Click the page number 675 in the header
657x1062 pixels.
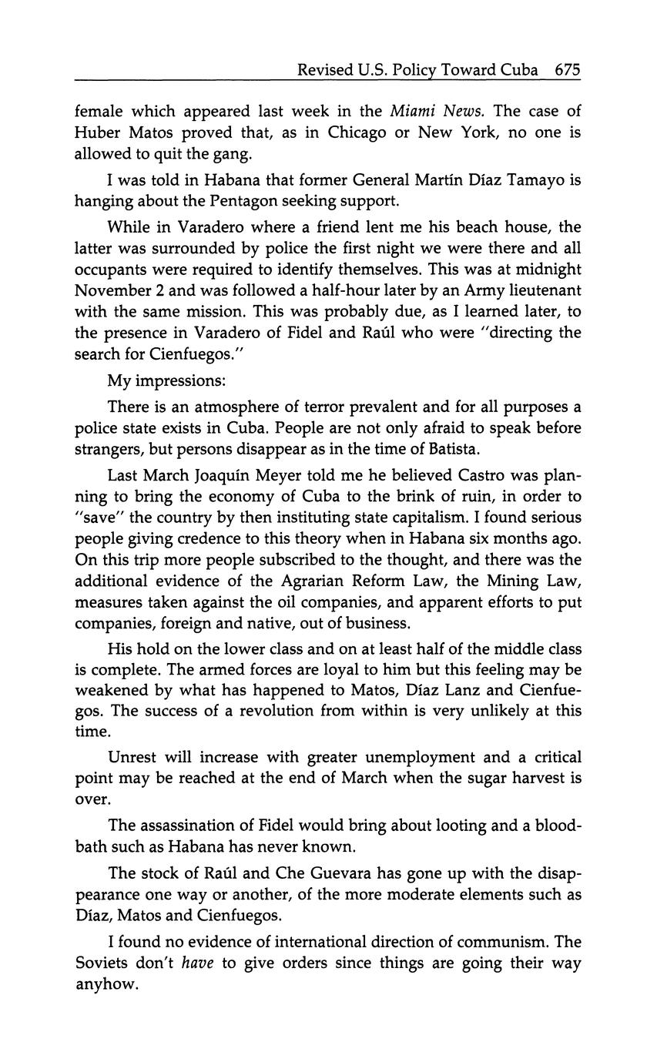[x=567, y=70]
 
